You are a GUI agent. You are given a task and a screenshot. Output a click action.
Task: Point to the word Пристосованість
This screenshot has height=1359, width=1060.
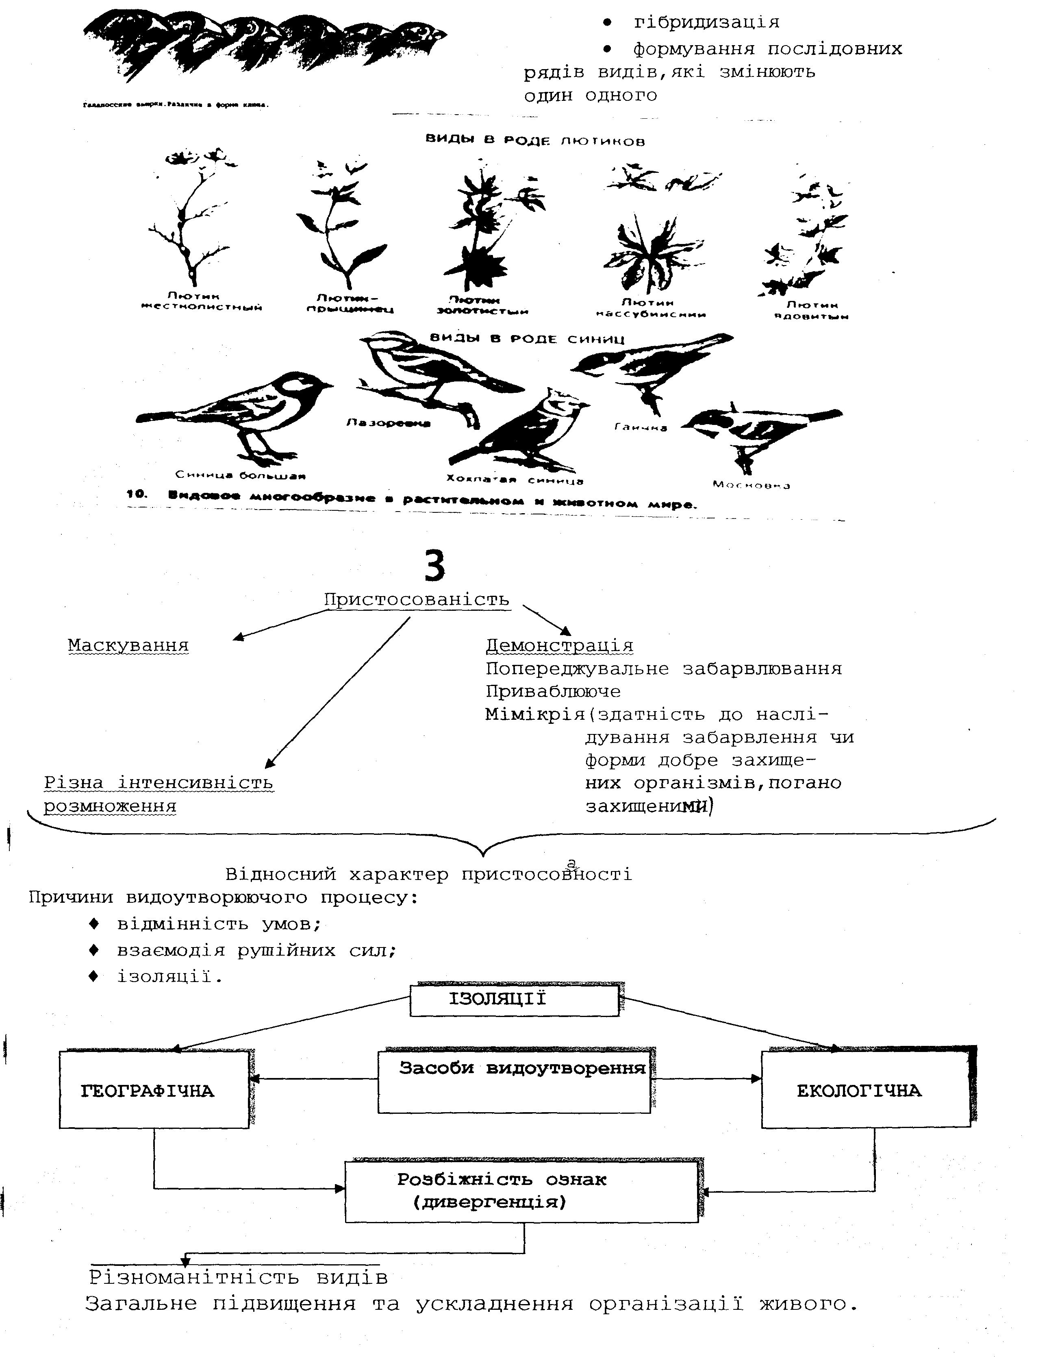tap(416, 599)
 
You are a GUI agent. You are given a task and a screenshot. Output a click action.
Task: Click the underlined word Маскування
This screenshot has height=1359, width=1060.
tap(128, 645)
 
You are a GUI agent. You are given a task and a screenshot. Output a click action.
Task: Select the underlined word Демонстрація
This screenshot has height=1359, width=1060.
tap(559, 645)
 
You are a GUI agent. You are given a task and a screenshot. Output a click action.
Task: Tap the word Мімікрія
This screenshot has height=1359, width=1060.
tap(535, 714)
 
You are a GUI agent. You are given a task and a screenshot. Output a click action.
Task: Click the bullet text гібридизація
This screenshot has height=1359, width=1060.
tap(706, 22)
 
